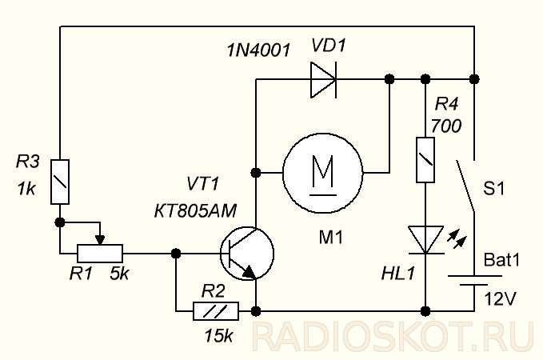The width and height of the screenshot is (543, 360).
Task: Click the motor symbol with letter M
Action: [x=323, y=172]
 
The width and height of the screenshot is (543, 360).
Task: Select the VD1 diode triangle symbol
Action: [x=323, y=80]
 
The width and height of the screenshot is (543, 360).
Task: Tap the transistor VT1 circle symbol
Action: [x=247, y=254]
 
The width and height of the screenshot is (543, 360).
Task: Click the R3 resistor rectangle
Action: [x=60, y=182]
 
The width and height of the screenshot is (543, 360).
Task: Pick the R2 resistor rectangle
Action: [x=216, y=311]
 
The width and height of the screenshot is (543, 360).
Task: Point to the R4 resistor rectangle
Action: [x=425, y=160]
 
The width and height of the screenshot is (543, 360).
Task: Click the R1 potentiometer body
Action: [x=100, y=254]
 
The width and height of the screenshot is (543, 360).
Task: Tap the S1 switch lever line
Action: [x=465, y=186]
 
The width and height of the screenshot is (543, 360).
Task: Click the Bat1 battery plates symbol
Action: [x=474, y=280]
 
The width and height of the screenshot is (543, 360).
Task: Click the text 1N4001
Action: [x=258, y=50]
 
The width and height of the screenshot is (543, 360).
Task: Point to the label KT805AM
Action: [x=195, y=210]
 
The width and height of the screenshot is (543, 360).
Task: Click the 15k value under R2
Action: [x=218, y=335]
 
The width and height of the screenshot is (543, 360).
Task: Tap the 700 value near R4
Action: [x=446, y=126]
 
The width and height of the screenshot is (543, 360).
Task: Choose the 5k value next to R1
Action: [x=119, y=274]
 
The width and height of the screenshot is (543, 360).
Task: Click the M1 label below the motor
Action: [x=331, y=238]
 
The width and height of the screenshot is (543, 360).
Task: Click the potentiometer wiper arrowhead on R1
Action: [x=100, y=240]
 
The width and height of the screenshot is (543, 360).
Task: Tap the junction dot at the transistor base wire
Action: [x=176, y=254]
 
